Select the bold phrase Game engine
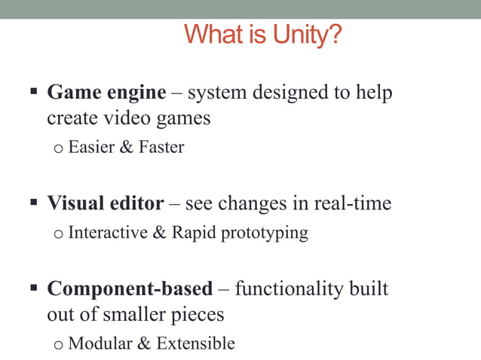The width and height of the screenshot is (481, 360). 106,93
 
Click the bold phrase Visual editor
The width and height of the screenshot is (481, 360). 106,203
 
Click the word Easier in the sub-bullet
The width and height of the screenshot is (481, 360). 90,148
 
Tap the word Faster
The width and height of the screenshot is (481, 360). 161,148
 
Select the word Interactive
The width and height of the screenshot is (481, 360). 108,233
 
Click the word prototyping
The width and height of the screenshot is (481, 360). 264,233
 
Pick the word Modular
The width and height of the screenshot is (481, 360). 99,344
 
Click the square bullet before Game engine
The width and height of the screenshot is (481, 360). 34,93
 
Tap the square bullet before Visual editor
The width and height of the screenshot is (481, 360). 34,203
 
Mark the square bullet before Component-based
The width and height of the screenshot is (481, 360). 34,288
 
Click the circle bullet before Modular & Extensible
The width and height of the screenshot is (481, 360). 59,346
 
